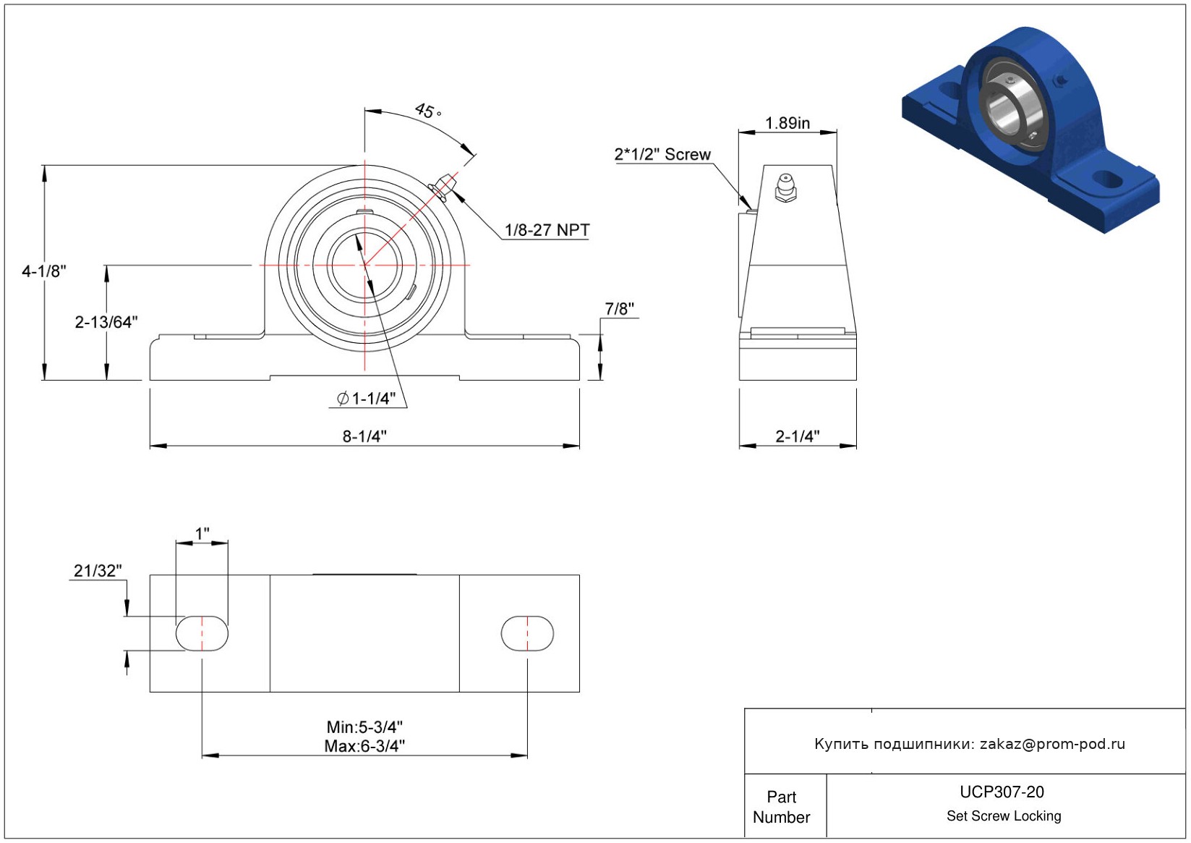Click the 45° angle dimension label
tap(428, 111)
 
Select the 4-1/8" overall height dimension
tap(44, 271)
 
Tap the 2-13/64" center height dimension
tap(106, 322)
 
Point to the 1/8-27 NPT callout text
tap(547, 230)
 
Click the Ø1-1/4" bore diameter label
tap(367, 398)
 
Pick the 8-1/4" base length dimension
tap(364, 436)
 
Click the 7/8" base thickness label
tap(620, 309)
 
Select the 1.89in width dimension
tap(787, 123)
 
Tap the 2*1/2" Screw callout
tap(662, 154)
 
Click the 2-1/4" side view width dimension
tap(798, 436)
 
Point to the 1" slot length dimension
tap(202, 533)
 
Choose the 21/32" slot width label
tap(98, 570)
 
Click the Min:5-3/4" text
tap(364, 727)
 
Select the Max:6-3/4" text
tap(364, 746)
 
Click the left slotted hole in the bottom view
tap(202, 633)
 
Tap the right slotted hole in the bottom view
tap(527, 633)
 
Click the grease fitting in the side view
tap(785, 188)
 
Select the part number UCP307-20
tap(1002, 792)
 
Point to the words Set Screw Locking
tap(1004, 816)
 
